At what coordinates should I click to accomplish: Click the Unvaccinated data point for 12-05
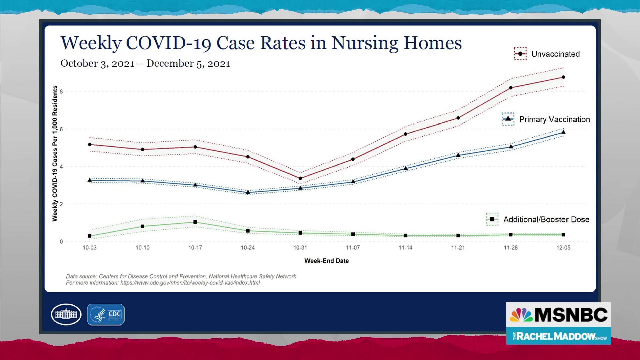(563, 77)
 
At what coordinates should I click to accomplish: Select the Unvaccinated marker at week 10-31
(300, 178)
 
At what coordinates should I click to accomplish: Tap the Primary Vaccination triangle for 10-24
(248, 192)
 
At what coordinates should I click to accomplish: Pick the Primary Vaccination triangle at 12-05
(563, 132)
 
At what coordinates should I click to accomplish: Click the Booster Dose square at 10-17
(195, 222)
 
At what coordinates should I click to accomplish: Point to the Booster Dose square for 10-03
(90, 236)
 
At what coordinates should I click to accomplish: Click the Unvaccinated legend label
(555, 54)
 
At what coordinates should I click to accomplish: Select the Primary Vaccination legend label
(554, 119)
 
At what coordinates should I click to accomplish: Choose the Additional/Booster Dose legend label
(546, 219)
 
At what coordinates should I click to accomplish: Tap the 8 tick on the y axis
(61, 92)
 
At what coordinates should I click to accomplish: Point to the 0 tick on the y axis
(61, 242)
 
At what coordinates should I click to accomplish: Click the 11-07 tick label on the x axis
(353, 248)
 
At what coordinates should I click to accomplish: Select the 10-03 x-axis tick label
(90, 248)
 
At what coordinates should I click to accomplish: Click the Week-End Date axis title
(326, 261)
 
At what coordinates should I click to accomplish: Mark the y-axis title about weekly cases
(55, 153)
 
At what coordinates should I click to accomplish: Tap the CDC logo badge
(106, 314)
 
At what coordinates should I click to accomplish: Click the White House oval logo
(66, 314)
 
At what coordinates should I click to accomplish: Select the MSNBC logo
(558, 315)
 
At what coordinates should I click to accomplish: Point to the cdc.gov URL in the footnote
(190, 283)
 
